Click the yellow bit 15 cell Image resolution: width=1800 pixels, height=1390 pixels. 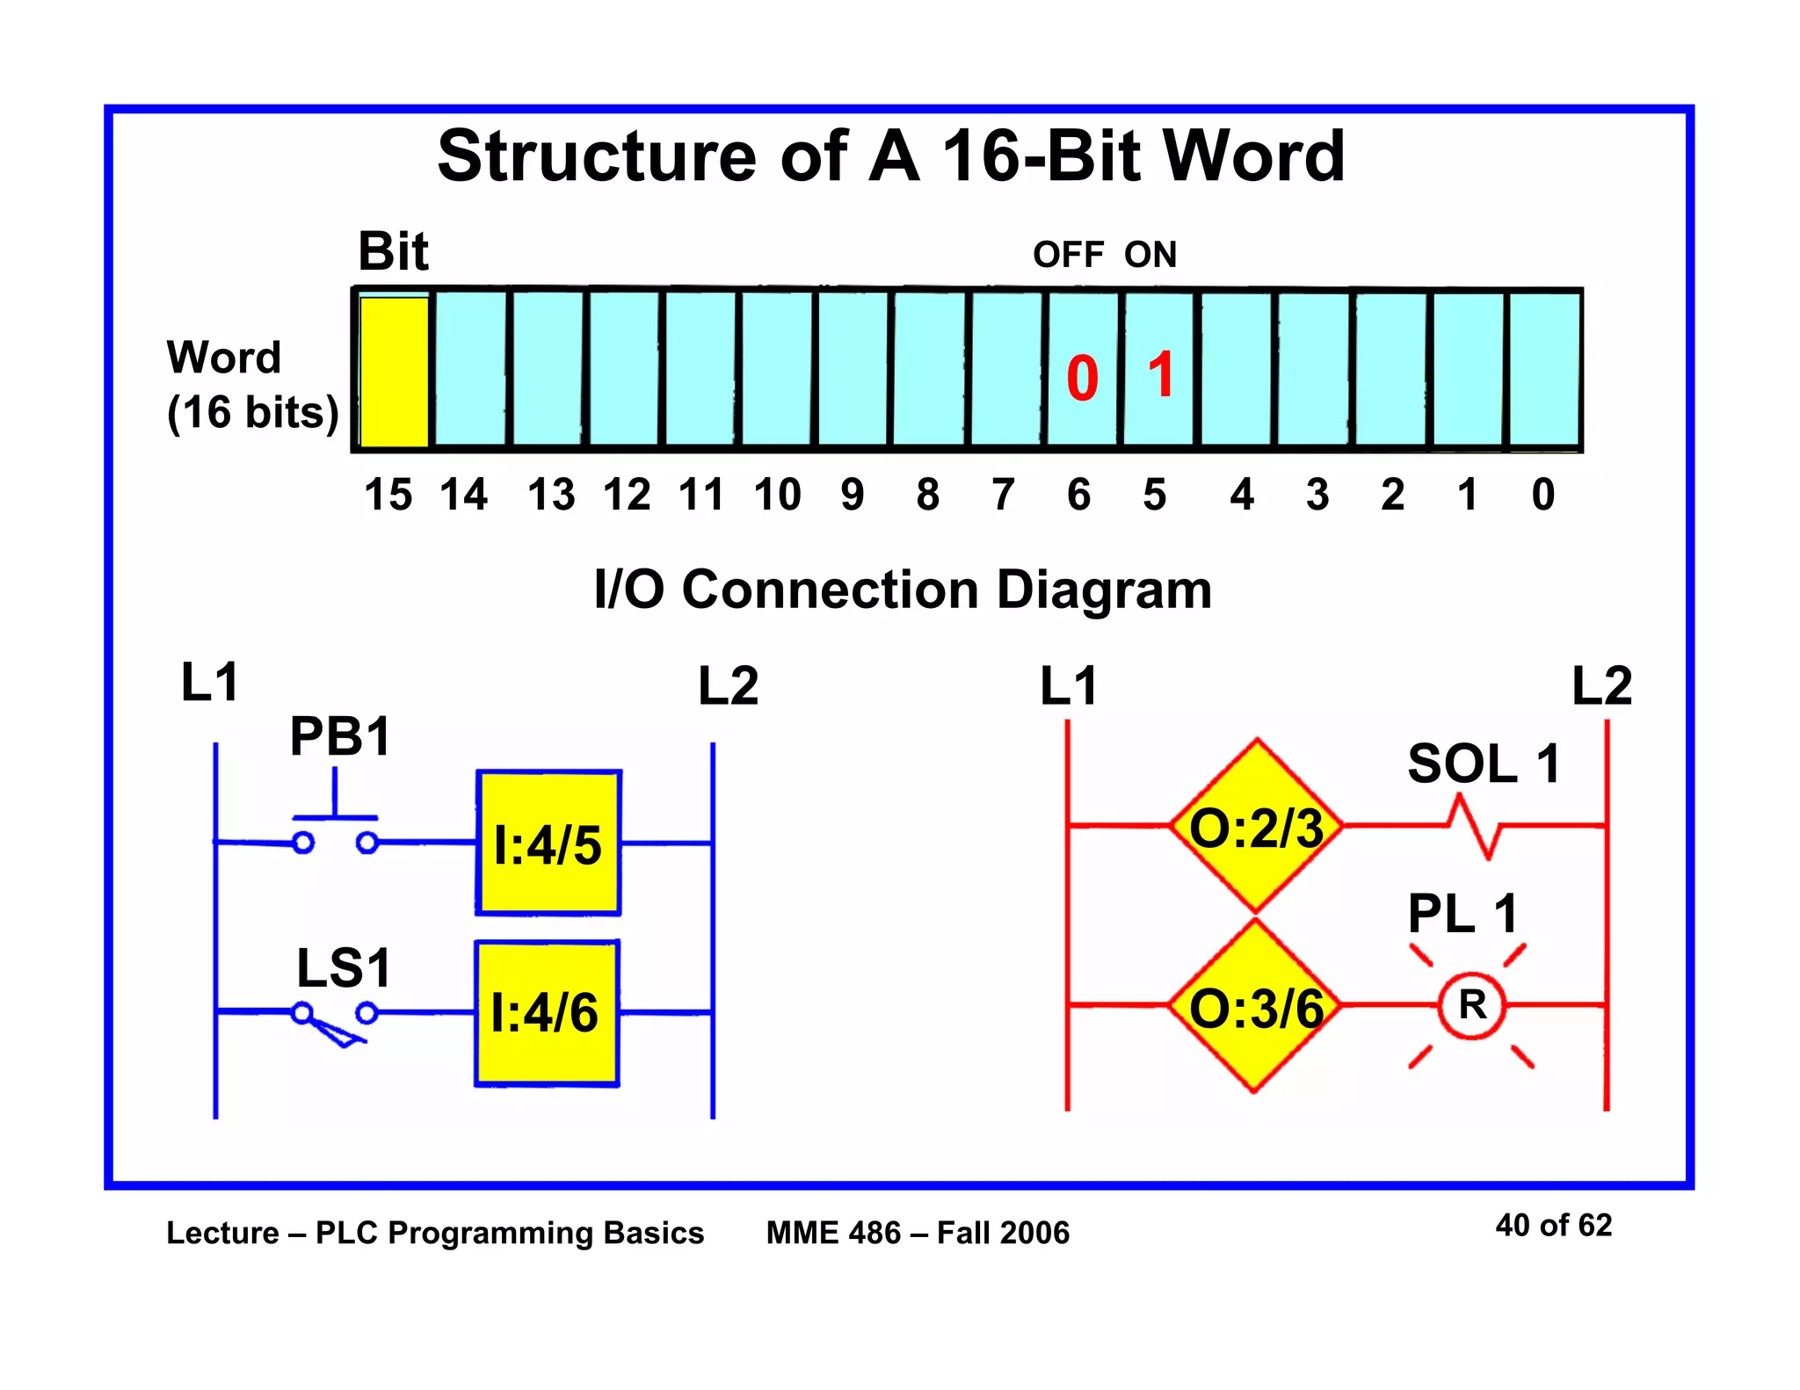click(x=394, y=371)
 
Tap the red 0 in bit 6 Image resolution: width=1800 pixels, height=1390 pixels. click(x=1082, y=379)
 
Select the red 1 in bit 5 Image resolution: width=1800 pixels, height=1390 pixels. click(x=1161, y=375)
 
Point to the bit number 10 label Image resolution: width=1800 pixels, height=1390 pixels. click(x=777, y=495)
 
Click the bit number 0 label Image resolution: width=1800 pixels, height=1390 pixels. click(x=1542, y=495)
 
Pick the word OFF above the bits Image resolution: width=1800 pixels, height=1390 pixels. click(x=1068, y=255)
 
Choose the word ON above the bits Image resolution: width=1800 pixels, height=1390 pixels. click(x=1150, y=255)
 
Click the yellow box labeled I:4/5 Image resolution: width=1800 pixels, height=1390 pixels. click(x=548, y=843)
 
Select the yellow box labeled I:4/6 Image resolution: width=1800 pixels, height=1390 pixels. click(x=547, y=1013)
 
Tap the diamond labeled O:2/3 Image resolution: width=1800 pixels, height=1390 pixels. click(x=1256, y=827)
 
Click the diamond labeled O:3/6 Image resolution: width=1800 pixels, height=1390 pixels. click(x=1256, y=1007)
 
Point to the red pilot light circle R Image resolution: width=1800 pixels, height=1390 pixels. click(x=1472, y=1005)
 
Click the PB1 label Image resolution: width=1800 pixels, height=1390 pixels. click(x=340, y=736)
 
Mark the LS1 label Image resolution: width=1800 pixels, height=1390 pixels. click(x=344, y=968)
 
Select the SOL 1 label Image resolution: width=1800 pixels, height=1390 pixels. click(x=1484, y=764)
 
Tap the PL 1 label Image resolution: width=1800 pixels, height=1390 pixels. click(x=1462, y=914)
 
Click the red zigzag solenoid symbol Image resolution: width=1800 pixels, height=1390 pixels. click(x=1474, y=827)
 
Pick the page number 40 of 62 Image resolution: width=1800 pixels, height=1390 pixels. click(x=1553, y=1225)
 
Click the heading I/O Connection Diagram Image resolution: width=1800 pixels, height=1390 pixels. click(x=903, y=589)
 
